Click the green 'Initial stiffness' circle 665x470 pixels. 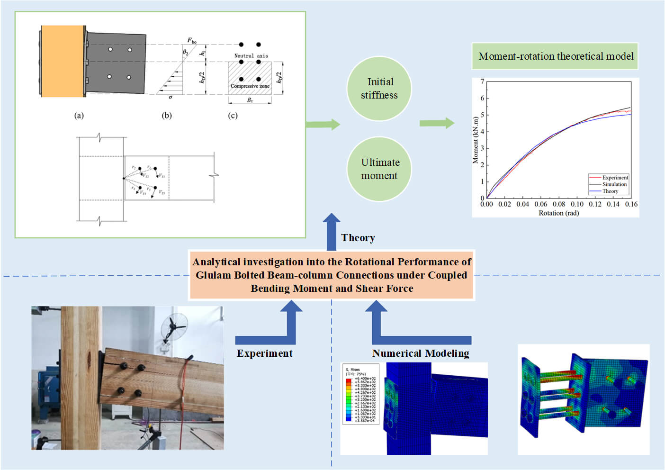379,89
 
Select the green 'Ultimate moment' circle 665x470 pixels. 379,169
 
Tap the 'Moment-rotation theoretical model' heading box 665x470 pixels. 555,56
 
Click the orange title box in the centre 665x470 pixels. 332,275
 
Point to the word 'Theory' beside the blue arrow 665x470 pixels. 358,238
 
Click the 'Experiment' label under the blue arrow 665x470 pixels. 264,353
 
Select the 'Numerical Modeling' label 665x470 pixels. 421,353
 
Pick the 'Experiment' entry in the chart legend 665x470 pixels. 615,177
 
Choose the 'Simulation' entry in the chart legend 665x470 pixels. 614,184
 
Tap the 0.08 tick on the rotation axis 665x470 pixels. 559,204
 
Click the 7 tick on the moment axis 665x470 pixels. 483,81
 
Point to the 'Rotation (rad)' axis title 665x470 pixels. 558,213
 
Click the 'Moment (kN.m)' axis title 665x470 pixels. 476,140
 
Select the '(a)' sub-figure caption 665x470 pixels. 79,115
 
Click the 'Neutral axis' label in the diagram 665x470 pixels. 251,56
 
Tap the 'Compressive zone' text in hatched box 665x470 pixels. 250,86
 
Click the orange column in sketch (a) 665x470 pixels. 63,61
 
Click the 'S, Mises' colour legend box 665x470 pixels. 360,394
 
